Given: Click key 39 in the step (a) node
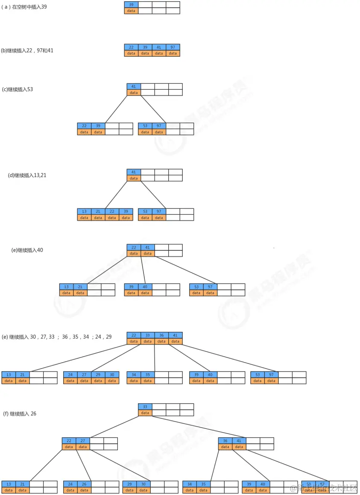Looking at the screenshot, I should pyautogui.click(x=131, y=4).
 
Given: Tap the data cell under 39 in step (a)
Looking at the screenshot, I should pyautogui.click(x=131, y=11).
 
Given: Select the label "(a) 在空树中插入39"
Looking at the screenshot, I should pyautogui.click(x=24, y=7).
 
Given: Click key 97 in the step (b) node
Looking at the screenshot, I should pyautogui.click(x=173, y=47).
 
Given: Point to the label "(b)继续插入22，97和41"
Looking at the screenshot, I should pyautogui.click(x=27, y=50).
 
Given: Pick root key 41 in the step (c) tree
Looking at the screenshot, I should pyautogui.click(x=134, y=86).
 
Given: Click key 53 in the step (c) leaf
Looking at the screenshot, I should pyautogui.click(x=145, y=126).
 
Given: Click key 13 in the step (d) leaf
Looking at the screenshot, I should pyautogui.click(x=84, y=211).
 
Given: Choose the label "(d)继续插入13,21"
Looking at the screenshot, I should pyautogui.click(x=27, y=175).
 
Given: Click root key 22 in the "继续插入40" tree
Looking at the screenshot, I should pyautogui.click(x=134, y=247).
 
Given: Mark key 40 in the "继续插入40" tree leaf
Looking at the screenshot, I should pyautogui.click(x=145, y=287).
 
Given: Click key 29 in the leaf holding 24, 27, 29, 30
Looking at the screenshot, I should pyautogui.click(x=98, y=375).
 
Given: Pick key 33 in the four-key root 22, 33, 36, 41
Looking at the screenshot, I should pyautogui.click(x=147, y=335).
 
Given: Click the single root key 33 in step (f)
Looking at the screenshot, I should pyautogui.click(x=145, y=407).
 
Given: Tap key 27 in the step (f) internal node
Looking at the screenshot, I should pyautogui.click(x=83, y=441).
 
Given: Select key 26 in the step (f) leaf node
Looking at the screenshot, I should pyautogui.click(x=84, y=484).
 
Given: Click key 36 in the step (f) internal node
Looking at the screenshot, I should pyautogui.click(x=225, y=441).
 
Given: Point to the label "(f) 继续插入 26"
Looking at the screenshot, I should pyautogui.click(x=20, y=414).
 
